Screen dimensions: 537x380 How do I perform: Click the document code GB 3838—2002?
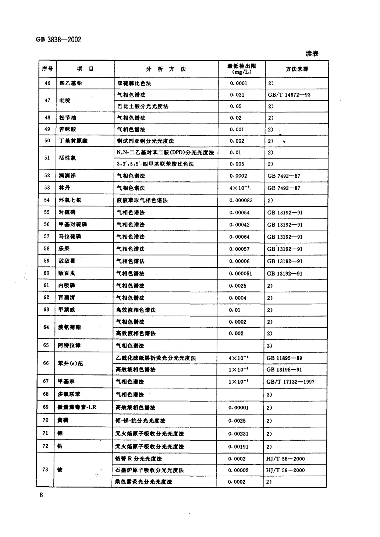[59, 39]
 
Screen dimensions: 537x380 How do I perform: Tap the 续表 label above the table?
[312, 54]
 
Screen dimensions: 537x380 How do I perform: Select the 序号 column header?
[47, 69]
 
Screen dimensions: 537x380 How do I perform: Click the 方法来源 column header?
[297, 69]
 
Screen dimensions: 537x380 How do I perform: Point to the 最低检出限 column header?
[242, 69]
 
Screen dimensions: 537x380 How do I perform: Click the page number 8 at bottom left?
[41, 495]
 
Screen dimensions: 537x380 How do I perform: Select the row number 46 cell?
[47, 83]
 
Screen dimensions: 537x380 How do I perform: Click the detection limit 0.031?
[237, 95]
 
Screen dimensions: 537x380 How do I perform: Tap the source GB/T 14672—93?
[289, 95]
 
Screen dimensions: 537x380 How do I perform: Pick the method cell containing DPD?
[166, 152]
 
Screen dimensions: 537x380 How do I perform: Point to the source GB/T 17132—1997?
[291, 381]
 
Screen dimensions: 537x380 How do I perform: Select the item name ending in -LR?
[77, 407]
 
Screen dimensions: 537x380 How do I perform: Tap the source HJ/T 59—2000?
[285, 470]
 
